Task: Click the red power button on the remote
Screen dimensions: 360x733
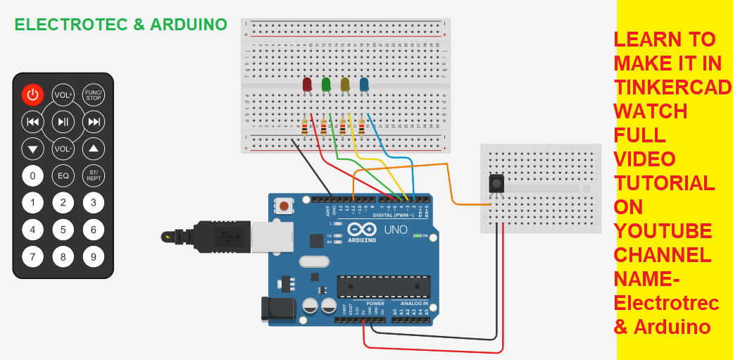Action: pos(32,94)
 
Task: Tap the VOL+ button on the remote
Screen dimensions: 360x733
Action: pos(63,95)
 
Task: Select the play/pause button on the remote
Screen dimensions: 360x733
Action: pos(63,122)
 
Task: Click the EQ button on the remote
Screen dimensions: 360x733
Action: pos(63,175)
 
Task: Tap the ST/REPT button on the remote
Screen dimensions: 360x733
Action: pos(94,175)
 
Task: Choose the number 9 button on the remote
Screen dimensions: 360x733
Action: pos(94,256)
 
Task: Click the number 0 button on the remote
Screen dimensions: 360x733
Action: pos(32,175)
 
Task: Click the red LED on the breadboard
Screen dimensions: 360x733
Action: pos(307,85)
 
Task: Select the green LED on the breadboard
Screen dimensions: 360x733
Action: pos(326,85)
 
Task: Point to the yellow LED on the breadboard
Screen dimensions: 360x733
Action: pos(345,85)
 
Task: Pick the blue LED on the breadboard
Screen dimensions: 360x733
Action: pos(364,85)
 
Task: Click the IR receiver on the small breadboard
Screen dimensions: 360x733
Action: pos(496,184)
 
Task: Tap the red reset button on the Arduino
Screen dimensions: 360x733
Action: pos(284,206)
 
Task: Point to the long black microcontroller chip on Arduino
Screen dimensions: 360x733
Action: pos(383,287)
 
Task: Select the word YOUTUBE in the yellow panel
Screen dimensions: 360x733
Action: pos(662,231)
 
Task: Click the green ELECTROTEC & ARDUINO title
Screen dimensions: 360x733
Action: pos(120,25)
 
